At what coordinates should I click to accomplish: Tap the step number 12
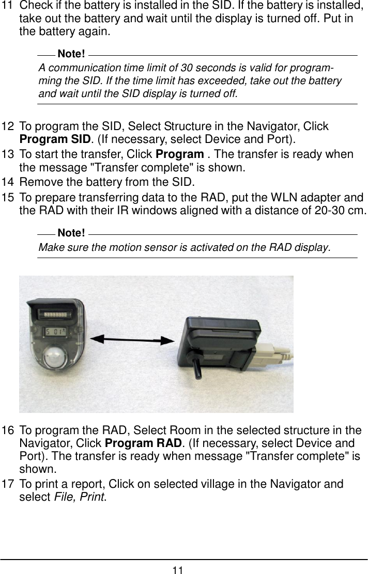[x=8, y=127]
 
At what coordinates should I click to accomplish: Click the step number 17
[x=8, y=485]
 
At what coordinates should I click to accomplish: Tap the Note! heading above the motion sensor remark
[x=72, y=234]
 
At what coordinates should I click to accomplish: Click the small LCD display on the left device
[x=57, y=332]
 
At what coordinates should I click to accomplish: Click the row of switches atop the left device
[x=57, y=314]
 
